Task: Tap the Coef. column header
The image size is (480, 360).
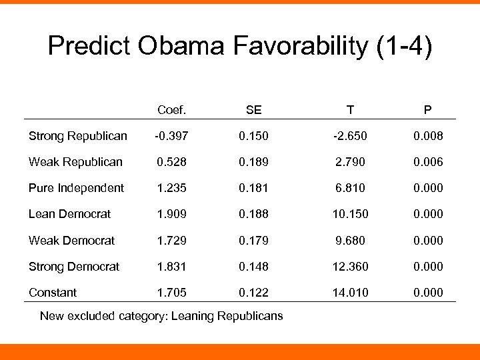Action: (x=171, y=110)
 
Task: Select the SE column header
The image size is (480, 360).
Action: (x=253, y=110)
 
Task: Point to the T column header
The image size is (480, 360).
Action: (x=350, y=110)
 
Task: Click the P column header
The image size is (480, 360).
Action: (x=428, y=110)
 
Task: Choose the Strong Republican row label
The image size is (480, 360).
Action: (x=77, y=136)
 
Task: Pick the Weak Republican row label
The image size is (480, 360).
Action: (x=75, y=162)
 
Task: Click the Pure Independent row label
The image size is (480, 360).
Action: (x=76, y=188)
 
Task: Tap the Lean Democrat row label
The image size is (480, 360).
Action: (x=69, y=214)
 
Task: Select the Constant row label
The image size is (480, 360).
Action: (x=53, y=292)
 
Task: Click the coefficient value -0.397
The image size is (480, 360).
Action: (x=171, y=136)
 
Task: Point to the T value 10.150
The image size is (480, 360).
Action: (x=350, y=214)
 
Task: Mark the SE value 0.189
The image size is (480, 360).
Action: (x=253, y=162)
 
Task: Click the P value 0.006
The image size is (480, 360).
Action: (x=428, y=162)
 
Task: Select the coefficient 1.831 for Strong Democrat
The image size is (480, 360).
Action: (x=171, y=266)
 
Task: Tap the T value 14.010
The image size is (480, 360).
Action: (x=350, y=292)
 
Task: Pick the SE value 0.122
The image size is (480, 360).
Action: (x=253, y=292)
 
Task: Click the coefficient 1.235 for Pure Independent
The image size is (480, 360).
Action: (x=171, y=188)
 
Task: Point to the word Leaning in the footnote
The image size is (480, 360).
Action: (x=194, y=316)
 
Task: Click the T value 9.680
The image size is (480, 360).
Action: (x=350, y=240)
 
